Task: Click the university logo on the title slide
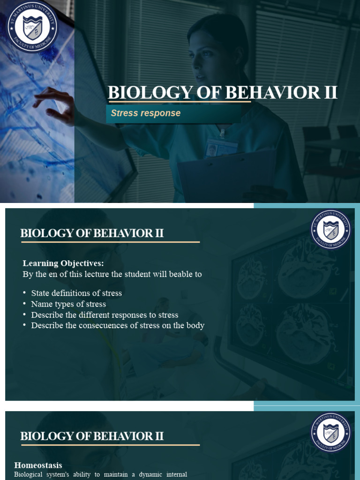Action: click(x=32, y=27)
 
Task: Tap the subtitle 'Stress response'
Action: click(x=145, y=113)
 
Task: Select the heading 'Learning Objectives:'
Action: click(x=63, y=263)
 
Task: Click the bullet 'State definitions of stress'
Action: click(x=76, y=293)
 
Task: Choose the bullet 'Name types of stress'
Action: click(x=68, y=304)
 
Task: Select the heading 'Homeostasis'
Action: click(x=38, y=465)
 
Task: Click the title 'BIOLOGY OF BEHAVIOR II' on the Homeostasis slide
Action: click(x=92, y=436)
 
